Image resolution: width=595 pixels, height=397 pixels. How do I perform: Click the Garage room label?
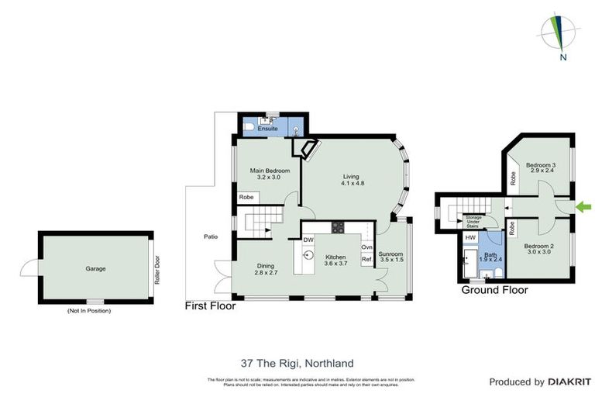(x=95, y=269)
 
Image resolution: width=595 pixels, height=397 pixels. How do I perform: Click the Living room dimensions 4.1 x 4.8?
(x=353, y=183)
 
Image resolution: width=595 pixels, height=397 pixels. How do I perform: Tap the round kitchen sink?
(x=308, y=254)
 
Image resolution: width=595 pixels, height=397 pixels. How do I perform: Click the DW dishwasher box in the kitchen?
(x=308, y=240)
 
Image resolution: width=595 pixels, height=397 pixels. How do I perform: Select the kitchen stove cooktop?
(x=339, y=227)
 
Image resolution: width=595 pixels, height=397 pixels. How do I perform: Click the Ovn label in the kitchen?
(x=367, y=247)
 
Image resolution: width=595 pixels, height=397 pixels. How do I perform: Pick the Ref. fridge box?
(x=367, y=259)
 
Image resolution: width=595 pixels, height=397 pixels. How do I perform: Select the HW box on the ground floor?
(x=470, y=237)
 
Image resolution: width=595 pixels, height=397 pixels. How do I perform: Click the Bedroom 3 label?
(x=541, y=165)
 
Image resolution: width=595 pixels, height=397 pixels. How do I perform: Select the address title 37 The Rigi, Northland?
(x=297, y=362)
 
